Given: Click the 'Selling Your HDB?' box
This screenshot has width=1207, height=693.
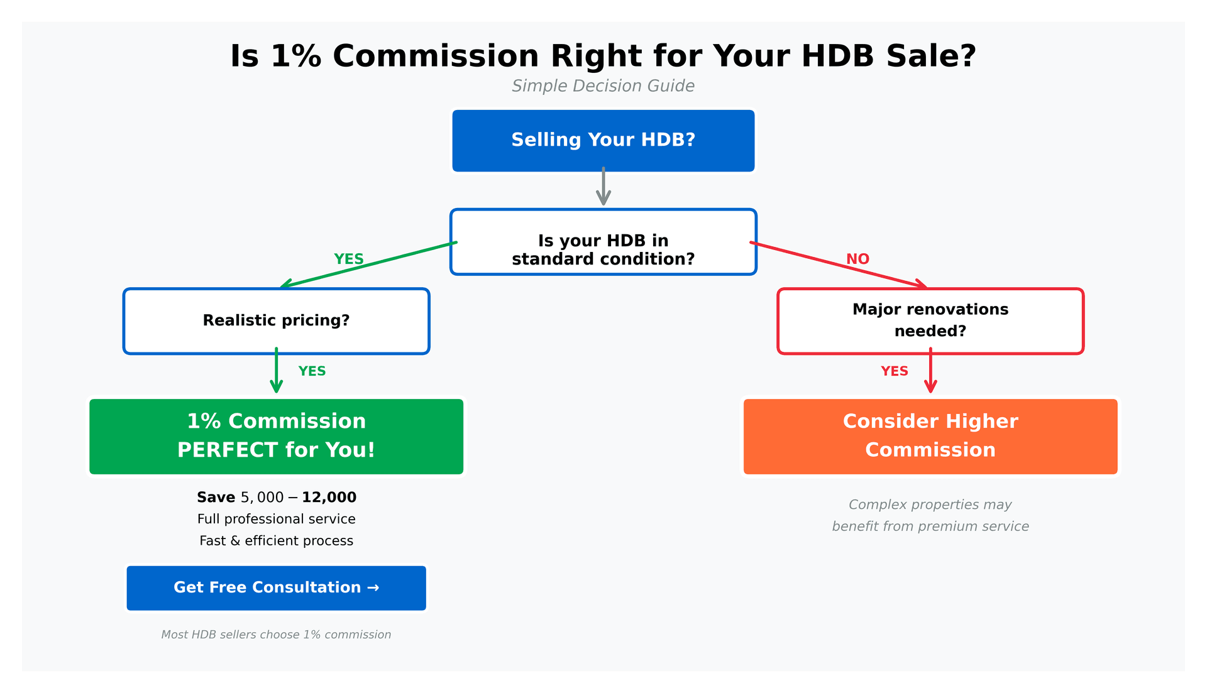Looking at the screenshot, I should (x=603, y=140).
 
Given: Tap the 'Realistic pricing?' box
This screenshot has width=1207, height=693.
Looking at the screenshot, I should (x=276, y=321).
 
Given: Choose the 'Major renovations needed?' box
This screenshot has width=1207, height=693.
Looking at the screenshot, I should (x=930, y=321).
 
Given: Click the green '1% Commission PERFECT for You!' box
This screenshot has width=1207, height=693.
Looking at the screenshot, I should (x=276, y=436).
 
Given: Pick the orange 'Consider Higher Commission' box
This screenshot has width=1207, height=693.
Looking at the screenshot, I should (x=930, y=436).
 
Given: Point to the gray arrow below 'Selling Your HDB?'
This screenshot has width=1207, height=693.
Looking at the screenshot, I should (x=603, y=187).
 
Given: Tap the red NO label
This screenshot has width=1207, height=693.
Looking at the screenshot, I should (x=857, y=259).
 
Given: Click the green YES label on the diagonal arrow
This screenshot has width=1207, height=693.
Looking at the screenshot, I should (x=349, y=259).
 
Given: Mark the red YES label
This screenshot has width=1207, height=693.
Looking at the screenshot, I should (x=894, y=371).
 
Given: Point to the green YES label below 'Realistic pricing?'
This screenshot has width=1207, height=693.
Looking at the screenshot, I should (x=312, y=371).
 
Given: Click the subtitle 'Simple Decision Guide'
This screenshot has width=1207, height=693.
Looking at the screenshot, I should (x=603, y=86).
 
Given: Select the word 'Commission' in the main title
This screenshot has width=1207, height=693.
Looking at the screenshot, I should (x=436, y=57).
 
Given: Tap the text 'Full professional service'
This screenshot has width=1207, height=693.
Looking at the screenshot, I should (x=276, y=519).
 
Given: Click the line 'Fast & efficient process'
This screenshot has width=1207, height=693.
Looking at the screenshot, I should (x=276, y=540).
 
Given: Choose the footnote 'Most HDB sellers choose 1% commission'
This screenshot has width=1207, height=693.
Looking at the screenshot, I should (x=276, y=635).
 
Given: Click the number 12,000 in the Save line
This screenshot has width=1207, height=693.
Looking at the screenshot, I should (x=329, y=498).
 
